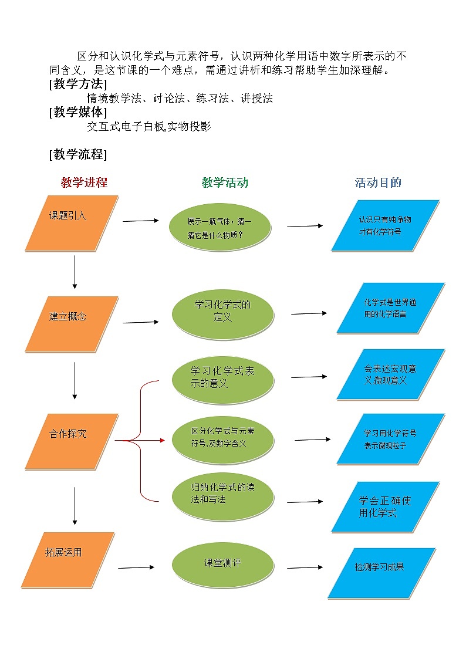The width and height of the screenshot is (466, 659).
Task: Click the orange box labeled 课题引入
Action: (72, 223)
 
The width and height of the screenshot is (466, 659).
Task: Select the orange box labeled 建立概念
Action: (72, 323)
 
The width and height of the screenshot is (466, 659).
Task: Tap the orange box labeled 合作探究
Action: (72, 441)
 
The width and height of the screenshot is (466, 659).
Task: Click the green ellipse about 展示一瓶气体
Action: (220, 228)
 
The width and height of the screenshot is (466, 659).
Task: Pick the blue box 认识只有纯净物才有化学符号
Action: (385, 225)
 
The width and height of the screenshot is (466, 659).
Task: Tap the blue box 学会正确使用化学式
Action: (385, 506)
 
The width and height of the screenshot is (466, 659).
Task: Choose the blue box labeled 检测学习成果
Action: (381, 573)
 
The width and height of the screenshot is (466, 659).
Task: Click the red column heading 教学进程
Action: (84, 183)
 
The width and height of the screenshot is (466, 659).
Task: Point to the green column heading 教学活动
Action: (225, 183)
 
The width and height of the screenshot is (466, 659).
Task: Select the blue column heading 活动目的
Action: (378, 183)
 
